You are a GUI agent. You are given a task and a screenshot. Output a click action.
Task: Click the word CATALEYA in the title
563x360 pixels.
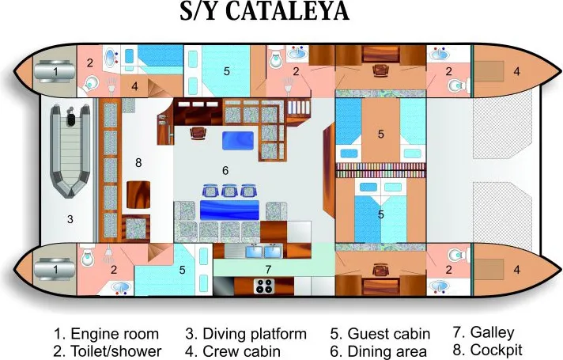click(x=288, y=11)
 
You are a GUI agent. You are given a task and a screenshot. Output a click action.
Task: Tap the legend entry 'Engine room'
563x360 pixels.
click(x=115, y=334)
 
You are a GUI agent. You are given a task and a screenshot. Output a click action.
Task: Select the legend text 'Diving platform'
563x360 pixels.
click(x=255, y=334)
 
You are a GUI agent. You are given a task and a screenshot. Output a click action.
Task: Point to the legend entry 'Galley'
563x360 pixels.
click(x=493, y=332)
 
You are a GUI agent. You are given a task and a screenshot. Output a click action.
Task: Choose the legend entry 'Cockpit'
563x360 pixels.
click(x=497, y=350)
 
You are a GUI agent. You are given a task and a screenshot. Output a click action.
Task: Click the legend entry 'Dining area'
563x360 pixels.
click(x=387, y=351)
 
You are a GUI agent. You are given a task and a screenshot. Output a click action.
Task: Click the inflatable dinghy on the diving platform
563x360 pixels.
click(x=70, y=151)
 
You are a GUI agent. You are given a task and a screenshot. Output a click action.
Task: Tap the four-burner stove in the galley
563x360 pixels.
click(x=264, y=286)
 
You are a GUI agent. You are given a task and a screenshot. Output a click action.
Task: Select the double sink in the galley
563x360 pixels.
click(x=264, y=251)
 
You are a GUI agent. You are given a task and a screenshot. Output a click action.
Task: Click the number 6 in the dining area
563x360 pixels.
click(x=225, y=170)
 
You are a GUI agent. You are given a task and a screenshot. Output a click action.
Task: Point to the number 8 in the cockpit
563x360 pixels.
click(x=138, y=163)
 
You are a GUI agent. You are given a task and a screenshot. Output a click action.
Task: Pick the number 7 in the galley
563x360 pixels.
click(x=268, y=269)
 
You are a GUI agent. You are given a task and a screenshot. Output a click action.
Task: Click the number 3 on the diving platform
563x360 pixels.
click(x=70, y=219)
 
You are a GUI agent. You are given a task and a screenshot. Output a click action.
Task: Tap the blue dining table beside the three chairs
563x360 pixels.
click(x=229, y=210)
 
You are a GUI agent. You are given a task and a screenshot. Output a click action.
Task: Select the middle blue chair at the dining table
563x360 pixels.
click(x=229, y=191)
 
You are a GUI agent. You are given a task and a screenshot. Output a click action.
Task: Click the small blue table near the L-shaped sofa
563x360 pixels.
click(x=238, y=141)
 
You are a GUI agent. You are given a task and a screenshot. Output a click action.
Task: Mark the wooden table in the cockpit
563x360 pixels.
click(x=138, y=195)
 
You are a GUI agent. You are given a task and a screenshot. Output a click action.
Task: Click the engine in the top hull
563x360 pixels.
click(x=55, y=71)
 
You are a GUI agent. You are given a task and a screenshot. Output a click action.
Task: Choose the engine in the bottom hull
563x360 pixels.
click(x=55, y=270)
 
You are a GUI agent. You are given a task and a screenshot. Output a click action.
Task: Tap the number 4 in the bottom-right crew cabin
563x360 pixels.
click(x=516, y=270)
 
